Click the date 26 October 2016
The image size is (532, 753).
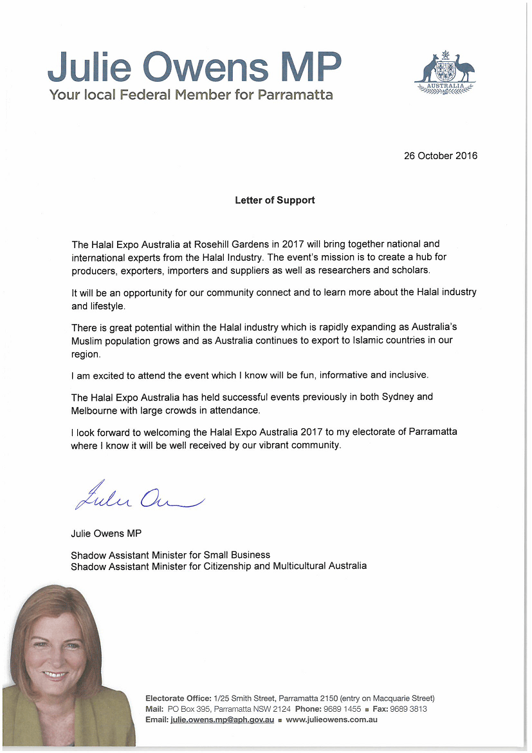pos(440,156)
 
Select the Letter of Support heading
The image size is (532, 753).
pos(275,200)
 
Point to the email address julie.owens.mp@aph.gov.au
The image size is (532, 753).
pos(222,720)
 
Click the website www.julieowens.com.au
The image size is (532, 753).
pos(331,720)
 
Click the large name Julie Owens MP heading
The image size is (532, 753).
pos(194,66)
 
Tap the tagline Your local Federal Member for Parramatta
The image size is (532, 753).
pos(191,95)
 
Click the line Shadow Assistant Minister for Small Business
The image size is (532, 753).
pos(170,555)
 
